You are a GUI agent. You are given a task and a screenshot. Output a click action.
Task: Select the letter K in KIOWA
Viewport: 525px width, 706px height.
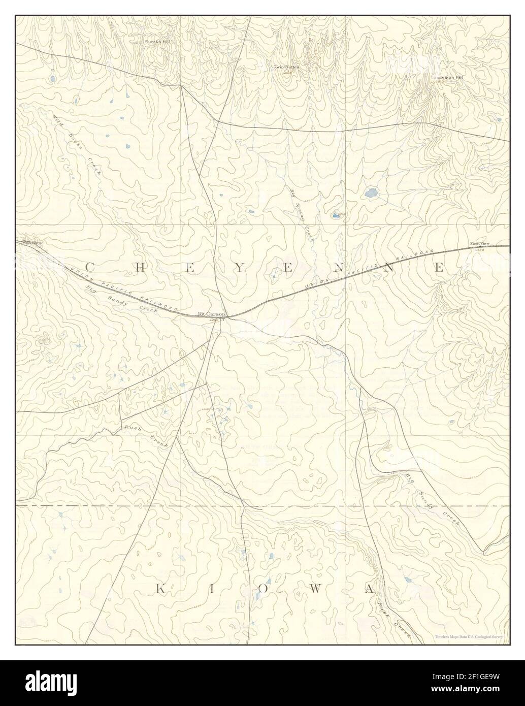point(159,589)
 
